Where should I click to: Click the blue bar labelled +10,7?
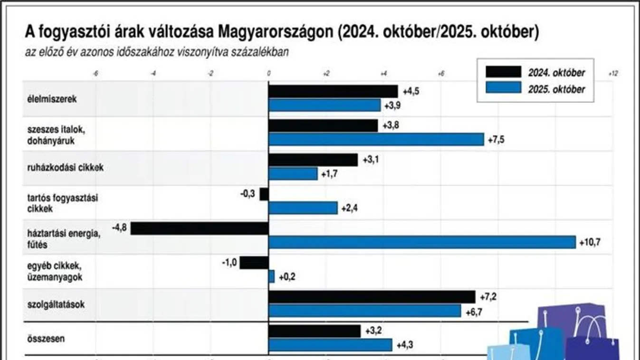(x=422, y=242)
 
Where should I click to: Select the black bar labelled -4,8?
(x=200, y=228)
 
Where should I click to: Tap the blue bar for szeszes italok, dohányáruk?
(x=376, y=139)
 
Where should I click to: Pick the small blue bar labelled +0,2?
(x=271, y=276)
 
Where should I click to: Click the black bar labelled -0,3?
(x=264, y=194)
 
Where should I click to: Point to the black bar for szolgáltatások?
(x=372, y=297)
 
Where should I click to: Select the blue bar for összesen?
(x=330, y=345)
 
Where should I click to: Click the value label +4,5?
(x=411, y=92)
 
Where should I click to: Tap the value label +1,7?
(x=329, y=174)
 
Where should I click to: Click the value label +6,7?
(x=473, y=312)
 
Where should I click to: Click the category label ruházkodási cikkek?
(x=66, y=167)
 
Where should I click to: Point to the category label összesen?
(x=47, y=339)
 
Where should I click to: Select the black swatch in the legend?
(x=503, y=72)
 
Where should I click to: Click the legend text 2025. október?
(x=556, y=89)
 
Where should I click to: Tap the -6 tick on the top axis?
(x=96, y=74)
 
